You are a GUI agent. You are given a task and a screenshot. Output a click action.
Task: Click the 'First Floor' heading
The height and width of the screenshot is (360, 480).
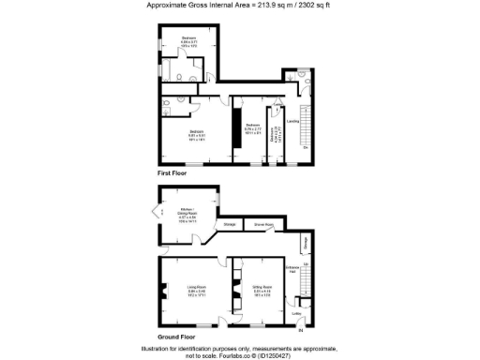tap(172, 174)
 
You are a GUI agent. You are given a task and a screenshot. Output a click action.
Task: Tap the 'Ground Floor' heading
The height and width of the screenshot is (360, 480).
tap(176, 335)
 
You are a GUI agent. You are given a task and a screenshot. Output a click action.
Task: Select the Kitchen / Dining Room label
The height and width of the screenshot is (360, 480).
tap(187, 215)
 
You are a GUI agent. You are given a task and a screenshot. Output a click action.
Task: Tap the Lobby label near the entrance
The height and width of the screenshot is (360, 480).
tap(297, 313)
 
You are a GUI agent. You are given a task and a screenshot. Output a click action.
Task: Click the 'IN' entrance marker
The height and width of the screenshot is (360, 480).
tap(301, 330)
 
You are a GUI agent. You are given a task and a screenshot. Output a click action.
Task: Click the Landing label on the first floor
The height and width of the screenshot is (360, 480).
tap(292, 121)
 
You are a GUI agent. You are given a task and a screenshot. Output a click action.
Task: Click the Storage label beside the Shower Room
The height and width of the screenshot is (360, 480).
tap(229, 225)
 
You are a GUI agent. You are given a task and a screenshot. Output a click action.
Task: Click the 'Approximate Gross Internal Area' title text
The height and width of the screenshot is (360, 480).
tap(239, 6)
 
